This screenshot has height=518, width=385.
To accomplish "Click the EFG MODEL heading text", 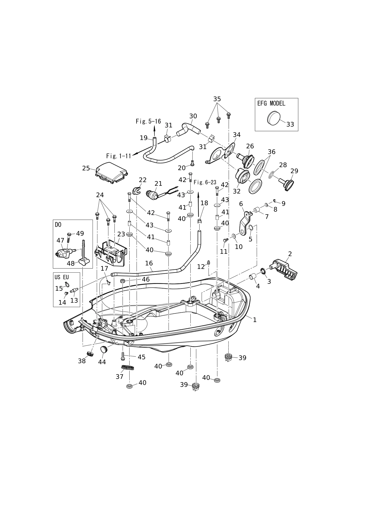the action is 271,103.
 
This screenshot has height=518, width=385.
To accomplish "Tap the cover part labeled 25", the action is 112,172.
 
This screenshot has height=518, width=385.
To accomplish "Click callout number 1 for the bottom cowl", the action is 255,320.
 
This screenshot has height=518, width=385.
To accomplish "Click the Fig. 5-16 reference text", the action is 148,121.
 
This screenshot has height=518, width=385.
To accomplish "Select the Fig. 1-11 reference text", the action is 119,156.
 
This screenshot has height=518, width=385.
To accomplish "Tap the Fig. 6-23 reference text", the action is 205,182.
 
